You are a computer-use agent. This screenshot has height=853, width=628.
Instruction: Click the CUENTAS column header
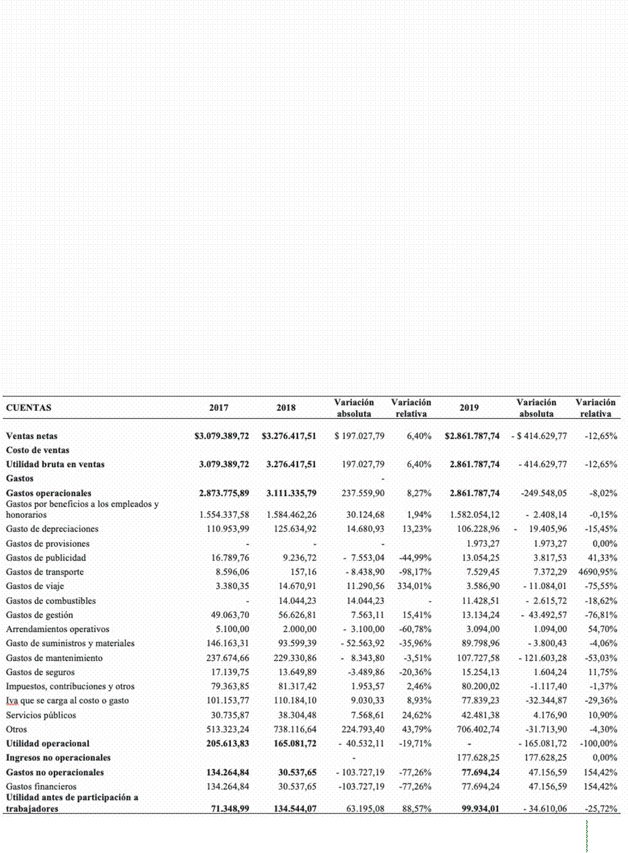(x=29, y=408)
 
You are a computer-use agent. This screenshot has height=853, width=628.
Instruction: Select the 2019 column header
(x=469, y=408)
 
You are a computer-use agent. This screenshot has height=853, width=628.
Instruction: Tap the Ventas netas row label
(x=32, y=436)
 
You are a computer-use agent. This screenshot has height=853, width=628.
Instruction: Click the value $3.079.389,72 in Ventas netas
(x=222, y=436)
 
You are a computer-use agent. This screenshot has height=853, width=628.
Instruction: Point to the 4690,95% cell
(x=597, y=572)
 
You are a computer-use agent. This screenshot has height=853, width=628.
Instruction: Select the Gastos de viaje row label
(x=35, y=586)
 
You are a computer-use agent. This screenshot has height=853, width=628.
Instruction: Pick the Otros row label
(x=16, y=729)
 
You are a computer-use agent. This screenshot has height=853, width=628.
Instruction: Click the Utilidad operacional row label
(x=47, y=744)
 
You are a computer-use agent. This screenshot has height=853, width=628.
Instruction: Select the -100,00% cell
(x=599, y=744)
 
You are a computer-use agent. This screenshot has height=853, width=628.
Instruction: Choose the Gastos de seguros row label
(x=40, y=672)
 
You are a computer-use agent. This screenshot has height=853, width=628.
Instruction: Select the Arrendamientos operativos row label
(x=57, y=629)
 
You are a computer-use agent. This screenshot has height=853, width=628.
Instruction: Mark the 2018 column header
(x=286, y=408)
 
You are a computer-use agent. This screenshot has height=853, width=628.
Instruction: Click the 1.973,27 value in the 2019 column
(x=482, y=544)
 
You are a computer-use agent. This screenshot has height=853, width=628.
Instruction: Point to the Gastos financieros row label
(x=41, y=787)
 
